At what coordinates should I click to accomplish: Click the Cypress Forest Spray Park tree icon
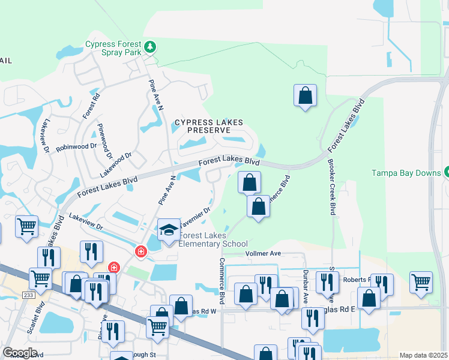pyautogui.click(x=150, y=47)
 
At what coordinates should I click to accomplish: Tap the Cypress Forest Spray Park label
pyautogui.click(x=113, y=48)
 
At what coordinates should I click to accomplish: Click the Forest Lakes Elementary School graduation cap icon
pyautogui.click(x=169, y=229)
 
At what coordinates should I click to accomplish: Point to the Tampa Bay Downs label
pyautogui.click(x=406, y=173)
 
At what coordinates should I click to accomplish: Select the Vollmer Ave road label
pyautogui.click(x=264, y=254)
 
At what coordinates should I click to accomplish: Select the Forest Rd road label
pyautogui.click(x=91, y=103)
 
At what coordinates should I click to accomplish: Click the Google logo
pyautogui.click(x=20, y=353)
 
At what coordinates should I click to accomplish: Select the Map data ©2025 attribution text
pyautogui.click(x=423, y=356)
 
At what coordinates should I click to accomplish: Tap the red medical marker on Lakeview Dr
pyautogui.click(x=141, y=251)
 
